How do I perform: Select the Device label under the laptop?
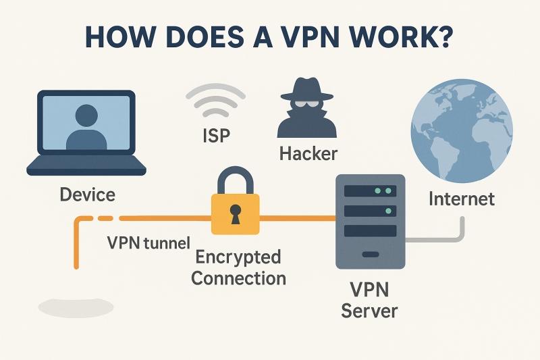click(x=87, y=195)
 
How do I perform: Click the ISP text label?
click(x=216, y=136)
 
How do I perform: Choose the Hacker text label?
click(x=308, y=154)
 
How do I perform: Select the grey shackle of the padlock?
click(x=235, y=180)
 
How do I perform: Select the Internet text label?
click(x=462, y=199)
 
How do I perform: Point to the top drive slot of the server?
click(x=369, y=191)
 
